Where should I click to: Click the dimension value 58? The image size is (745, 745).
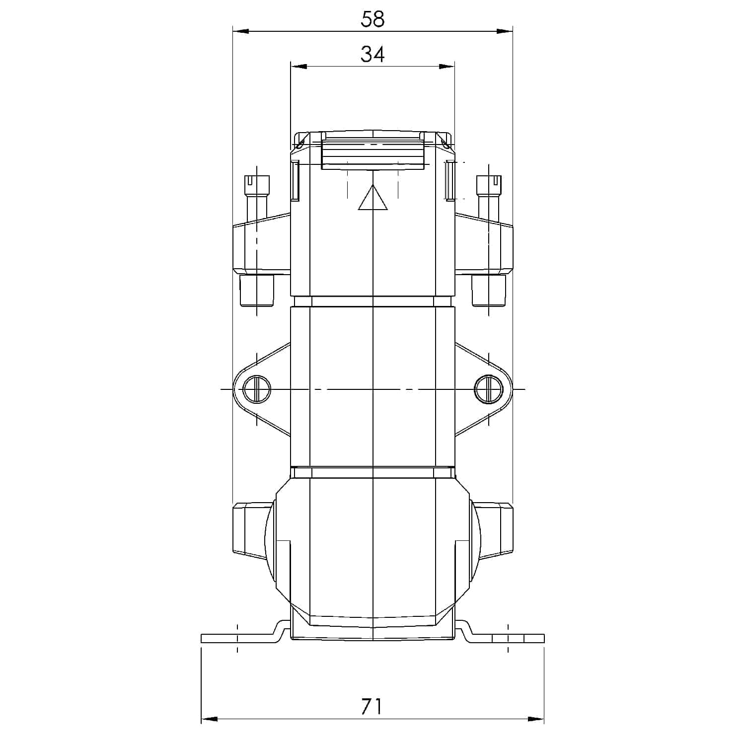(372, 19)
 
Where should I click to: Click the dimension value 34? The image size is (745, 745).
(372, 54)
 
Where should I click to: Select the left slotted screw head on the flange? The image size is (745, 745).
(257, 389)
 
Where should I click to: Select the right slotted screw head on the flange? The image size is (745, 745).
(488, 389)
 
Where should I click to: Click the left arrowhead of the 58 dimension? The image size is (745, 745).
(240, 31)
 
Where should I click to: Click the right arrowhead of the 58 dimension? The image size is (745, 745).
(505, 31)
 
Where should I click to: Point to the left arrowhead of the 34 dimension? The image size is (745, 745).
(298, 67)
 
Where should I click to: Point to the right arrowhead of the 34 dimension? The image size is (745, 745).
(447, 67)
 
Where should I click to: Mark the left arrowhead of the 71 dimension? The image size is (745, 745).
(209, 719)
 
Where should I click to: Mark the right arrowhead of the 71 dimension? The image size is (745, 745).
(536, 719)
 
